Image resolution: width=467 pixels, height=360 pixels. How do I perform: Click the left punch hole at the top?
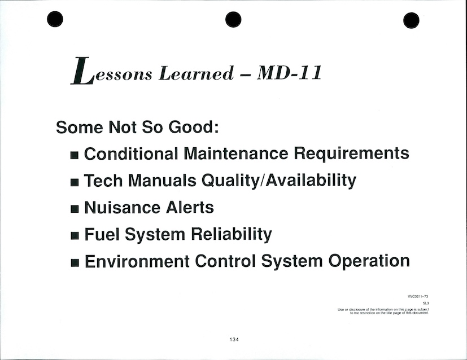tap(55, 19)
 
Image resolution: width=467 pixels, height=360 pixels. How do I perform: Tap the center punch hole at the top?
tap(233, 19)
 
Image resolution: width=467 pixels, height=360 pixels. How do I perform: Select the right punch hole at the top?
tap(411, 20)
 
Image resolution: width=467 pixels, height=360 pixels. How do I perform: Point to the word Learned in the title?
tap(197, 73)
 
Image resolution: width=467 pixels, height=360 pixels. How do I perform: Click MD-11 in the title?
tap(290, 73)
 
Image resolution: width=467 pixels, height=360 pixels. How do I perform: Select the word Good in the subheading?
tap(194, 127)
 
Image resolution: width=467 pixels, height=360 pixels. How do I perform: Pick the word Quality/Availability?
tap(279, 181)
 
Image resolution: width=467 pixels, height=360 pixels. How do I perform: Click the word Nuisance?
tap(122, 208)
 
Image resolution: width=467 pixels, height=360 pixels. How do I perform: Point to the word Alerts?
tap(190, 208)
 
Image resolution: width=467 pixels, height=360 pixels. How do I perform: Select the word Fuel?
tap(102, 234)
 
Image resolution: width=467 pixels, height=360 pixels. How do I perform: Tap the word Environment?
tap(137, 261)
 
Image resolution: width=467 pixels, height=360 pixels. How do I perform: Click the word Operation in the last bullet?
tap(369, 262)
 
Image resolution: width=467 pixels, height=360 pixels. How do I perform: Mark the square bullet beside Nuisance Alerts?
tap(75, 209)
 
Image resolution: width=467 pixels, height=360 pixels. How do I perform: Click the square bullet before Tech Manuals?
tap(75, 182)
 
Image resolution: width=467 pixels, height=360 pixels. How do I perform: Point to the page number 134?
tap(234, 340)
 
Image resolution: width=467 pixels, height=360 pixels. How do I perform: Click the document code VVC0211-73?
tap(418, 296)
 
